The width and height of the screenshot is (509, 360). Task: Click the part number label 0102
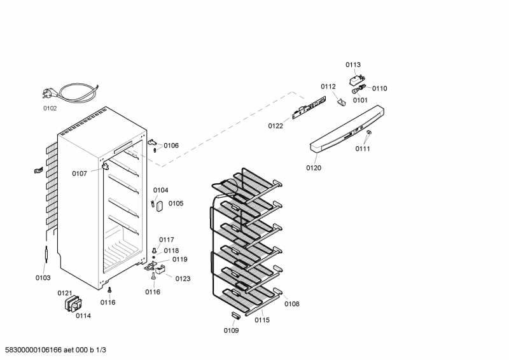pyautogui.click(x=50, y=108)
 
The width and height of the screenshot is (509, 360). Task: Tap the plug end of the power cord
pyautogui.click(x=46, y=93)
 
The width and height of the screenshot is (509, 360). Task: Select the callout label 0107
pyautogui.click(x=80, y=174)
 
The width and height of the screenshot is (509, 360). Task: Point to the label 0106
pyautogui.click(x=171, y=146)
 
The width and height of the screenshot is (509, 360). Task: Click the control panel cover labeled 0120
pyautogui.click(x=347, y=128)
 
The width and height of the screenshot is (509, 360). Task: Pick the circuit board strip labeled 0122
pyautogui.click(x=309, y=107)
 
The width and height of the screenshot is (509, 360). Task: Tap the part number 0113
pyautogui.click(x=353, y=65)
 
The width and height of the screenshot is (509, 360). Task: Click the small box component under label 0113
pyautogui.click(x=356, y=80)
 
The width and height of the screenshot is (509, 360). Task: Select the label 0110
pyautogui.click(x=379, y=88)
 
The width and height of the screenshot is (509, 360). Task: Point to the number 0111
pyautogui.click(x=363, y=149)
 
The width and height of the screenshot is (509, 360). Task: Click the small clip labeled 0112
pyautogui.click(x=341, y=102)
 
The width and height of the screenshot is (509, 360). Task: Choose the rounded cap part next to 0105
pyautogui.click(x=160, y=206)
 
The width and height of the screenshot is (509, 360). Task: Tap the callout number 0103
pyautogui.click(x=43, y=278)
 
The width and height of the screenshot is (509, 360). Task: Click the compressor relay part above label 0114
pyautogui.click(x=73, y=303)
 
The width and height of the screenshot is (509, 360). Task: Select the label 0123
pyautogui.click(x=183, y=279)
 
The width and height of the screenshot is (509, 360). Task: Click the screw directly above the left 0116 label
pyautogui.click(x=109, y=289)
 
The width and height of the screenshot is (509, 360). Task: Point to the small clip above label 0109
pyautogui.click(x=235, y=315)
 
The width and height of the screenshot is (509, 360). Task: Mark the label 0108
pyautogui.click(x=292, y=304)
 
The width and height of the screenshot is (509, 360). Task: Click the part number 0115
pyautogui.click(x=262, y=321)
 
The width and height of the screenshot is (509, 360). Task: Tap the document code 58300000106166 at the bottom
pyautogui.click(x=34, y=350)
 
